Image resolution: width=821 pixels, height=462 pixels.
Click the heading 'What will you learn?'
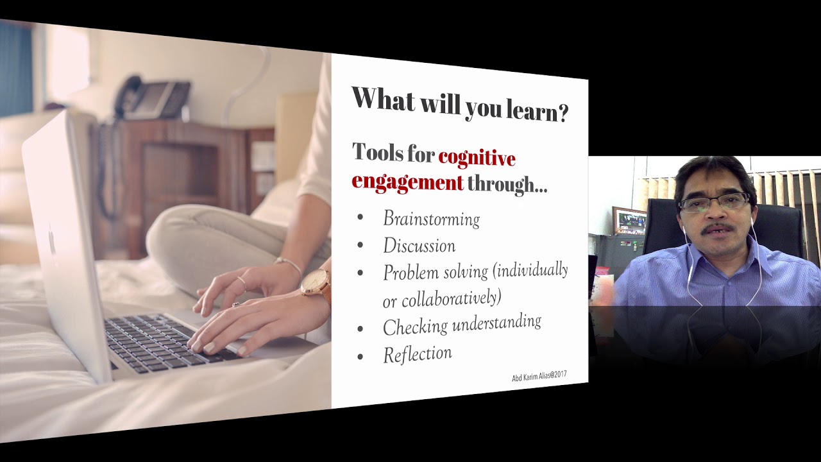coord(459,104)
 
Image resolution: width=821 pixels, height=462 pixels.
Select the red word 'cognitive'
coord(477,156)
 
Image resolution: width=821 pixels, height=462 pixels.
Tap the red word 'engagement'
coord(407,182)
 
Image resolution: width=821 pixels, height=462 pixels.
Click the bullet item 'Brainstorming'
coord(431,219)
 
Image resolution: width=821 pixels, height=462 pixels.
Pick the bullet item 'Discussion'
coord(419,246)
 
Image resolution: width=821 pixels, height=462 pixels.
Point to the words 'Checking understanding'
coord(462,324)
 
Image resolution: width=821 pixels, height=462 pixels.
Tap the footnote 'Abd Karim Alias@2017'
coord(539,377)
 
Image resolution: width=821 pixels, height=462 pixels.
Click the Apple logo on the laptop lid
coord(52,242)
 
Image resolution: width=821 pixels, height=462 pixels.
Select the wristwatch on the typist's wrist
coord(316,283)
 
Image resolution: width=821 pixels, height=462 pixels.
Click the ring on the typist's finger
coord(241,281)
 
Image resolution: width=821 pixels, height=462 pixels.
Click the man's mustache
coord(716,228)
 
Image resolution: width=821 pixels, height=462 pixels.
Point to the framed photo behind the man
coord(629,221)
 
